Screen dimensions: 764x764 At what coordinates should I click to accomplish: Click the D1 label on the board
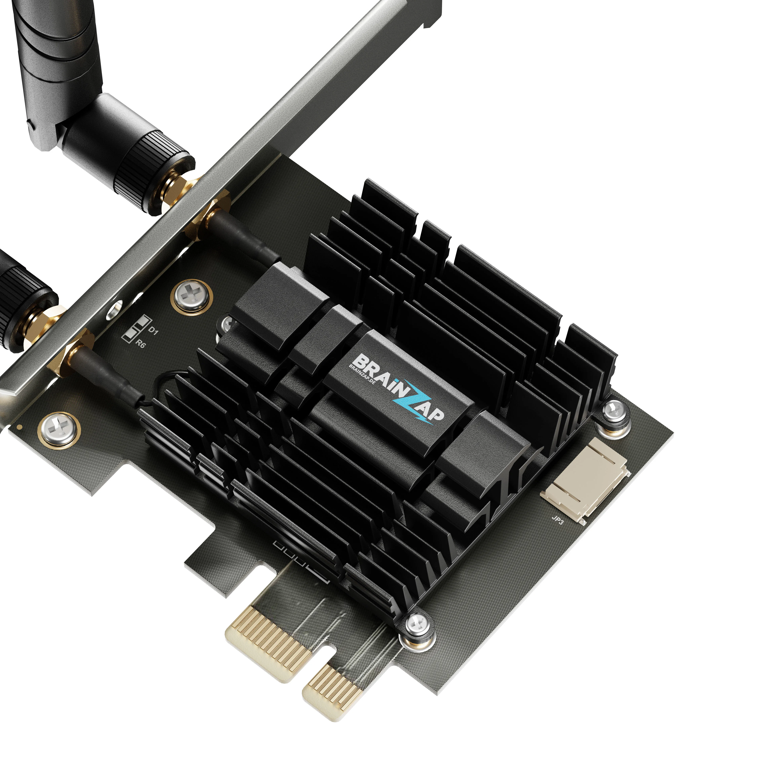(153, 331)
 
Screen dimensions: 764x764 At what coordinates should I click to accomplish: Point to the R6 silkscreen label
(140, 343)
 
